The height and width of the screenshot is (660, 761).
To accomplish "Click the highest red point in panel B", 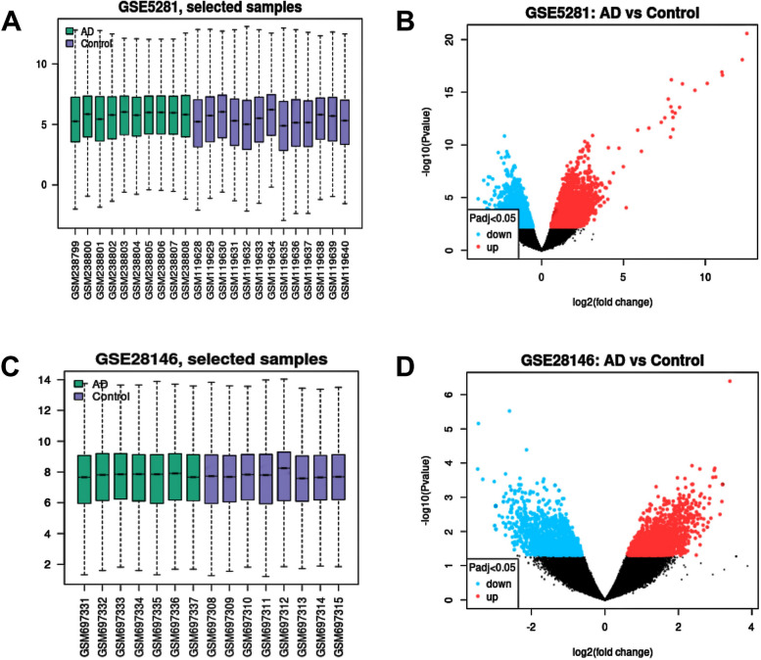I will point(746,33).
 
